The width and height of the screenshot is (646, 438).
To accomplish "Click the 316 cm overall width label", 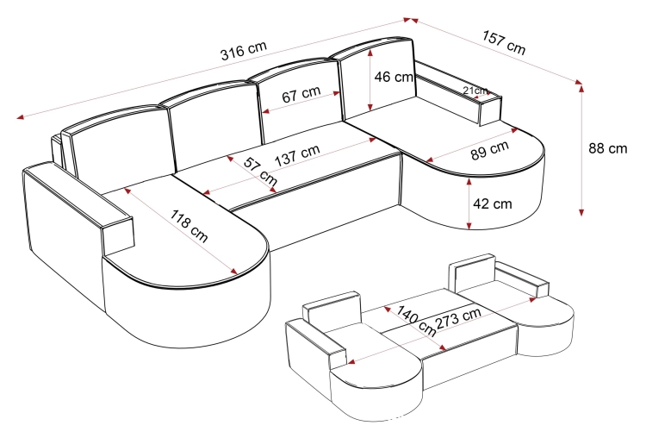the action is (244, 51).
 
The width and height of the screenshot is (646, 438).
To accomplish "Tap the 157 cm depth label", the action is (504, 42).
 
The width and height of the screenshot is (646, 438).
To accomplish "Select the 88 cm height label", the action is (608, 148).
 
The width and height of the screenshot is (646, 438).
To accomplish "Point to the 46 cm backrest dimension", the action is (394, 77).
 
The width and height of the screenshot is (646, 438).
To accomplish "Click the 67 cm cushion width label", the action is (301, 94).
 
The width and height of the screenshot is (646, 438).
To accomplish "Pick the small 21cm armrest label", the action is (475, 91).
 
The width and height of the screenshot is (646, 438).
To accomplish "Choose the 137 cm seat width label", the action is (297, 155).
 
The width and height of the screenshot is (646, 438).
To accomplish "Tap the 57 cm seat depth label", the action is (260, 171).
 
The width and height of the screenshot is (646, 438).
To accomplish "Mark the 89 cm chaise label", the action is (490, 150).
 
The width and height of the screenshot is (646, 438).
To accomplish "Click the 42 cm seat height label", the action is (493, 203).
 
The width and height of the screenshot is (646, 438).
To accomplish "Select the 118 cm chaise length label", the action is (189, 226).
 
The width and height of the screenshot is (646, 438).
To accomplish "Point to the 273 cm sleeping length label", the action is (458, 318).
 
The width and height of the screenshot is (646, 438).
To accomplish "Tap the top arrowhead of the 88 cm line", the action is (581, 87).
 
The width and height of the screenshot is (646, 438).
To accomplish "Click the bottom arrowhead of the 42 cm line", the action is (469, 225).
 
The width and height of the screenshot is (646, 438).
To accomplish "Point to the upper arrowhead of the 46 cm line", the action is (371, 52).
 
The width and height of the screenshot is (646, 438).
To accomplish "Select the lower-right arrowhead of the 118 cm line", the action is (234, 272).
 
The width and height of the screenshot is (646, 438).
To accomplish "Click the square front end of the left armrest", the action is (118, 236).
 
